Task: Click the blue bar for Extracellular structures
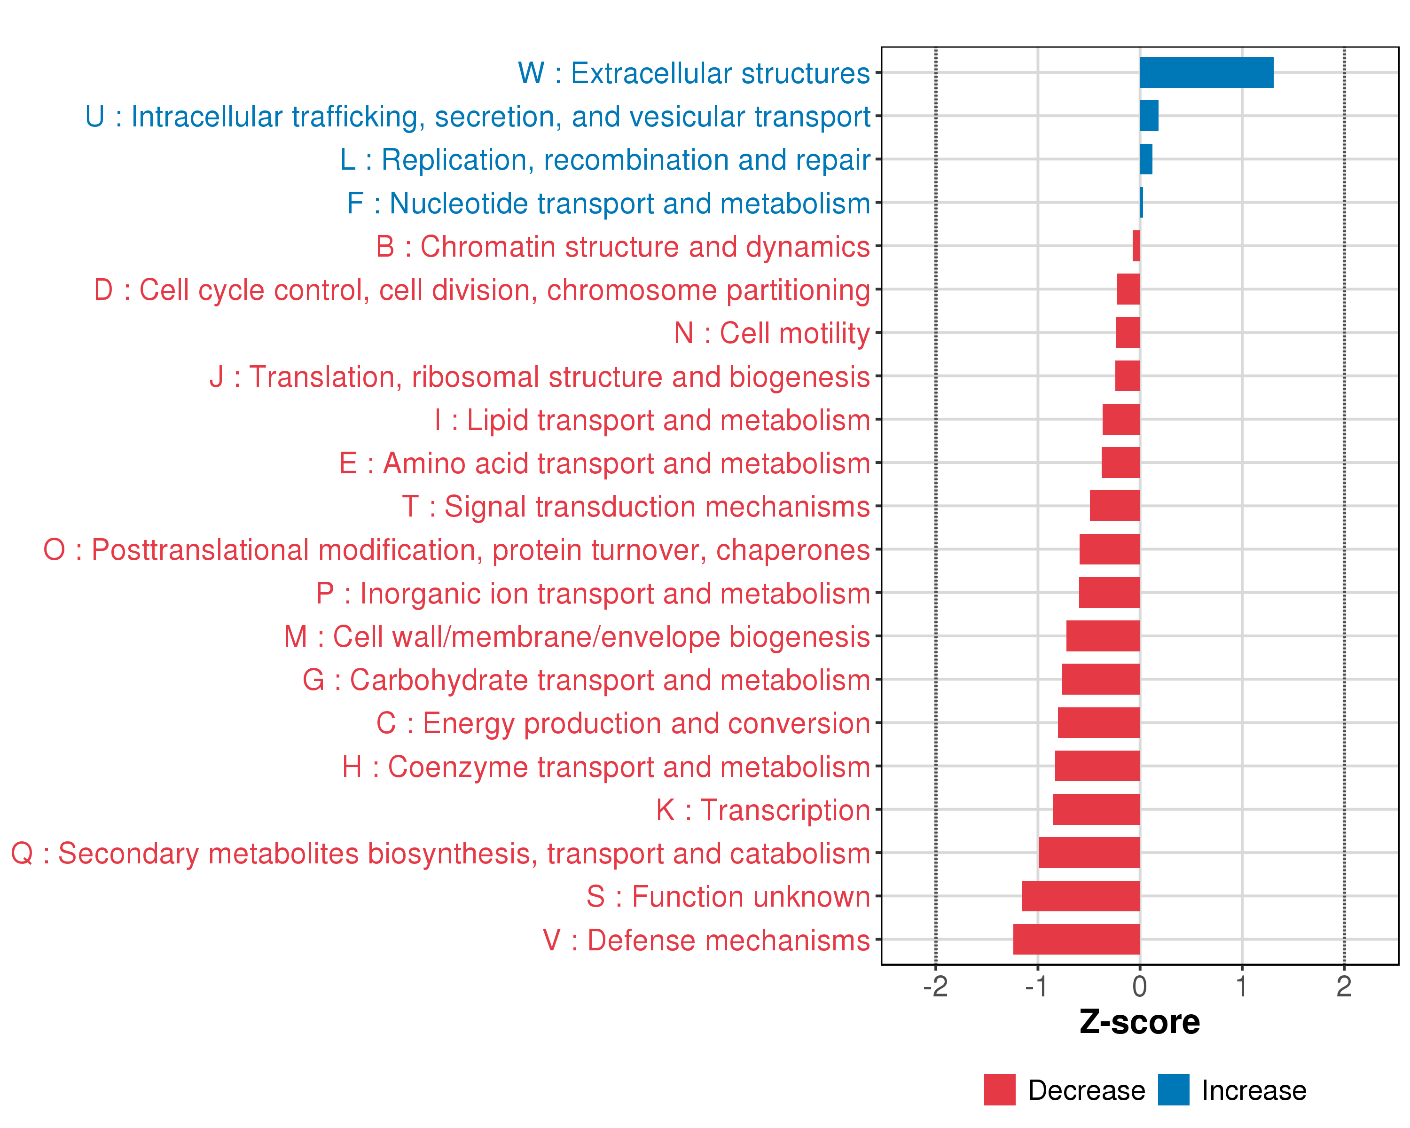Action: point(1206,72)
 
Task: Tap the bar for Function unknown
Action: point(1081,896)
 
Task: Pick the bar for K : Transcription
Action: point(1096,809)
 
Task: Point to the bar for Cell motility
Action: point(1128,333)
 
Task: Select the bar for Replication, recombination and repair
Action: point(1146,159)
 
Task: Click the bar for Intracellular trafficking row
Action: point(1149,116)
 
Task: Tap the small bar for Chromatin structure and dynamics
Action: point(1136,246)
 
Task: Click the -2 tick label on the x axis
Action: point(935,986)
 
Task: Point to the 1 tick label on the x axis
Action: point(1241,986)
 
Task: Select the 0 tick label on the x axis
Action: point(1139,986)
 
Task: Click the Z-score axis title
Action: point(1139,1022)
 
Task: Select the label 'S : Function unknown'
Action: point(728,896)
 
